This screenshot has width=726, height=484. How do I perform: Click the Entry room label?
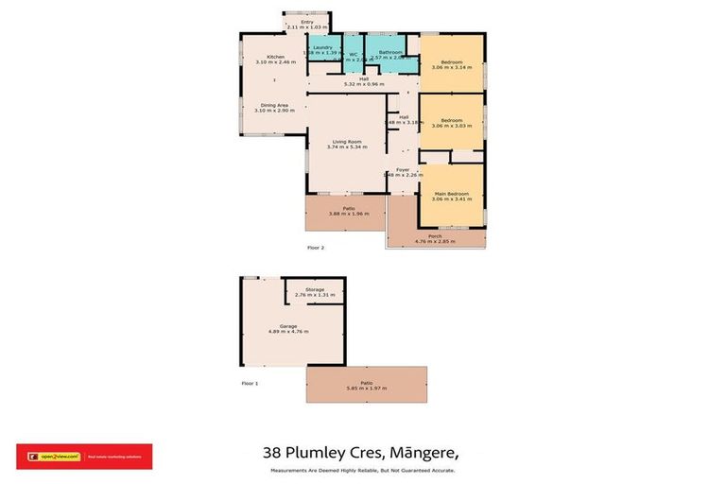[x=306, y=22]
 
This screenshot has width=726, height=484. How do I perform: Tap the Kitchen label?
[x=275, y=57]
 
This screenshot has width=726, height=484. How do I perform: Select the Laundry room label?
[x=322, y=47]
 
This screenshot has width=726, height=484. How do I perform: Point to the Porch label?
[x=435, y=236]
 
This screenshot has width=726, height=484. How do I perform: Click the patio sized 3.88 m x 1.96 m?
[x=345, y=214]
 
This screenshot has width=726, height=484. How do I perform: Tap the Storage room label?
[x=315, y=289]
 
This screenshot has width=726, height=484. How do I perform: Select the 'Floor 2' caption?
[x=316, y=248]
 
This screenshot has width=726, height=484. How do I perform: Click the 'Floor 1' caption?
[x=250, y=383]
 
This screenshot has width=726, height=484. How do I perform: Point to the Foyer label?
[x=403, y=169]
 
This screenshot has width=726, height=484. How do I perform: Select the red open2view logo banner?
[x=83, y=457]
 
